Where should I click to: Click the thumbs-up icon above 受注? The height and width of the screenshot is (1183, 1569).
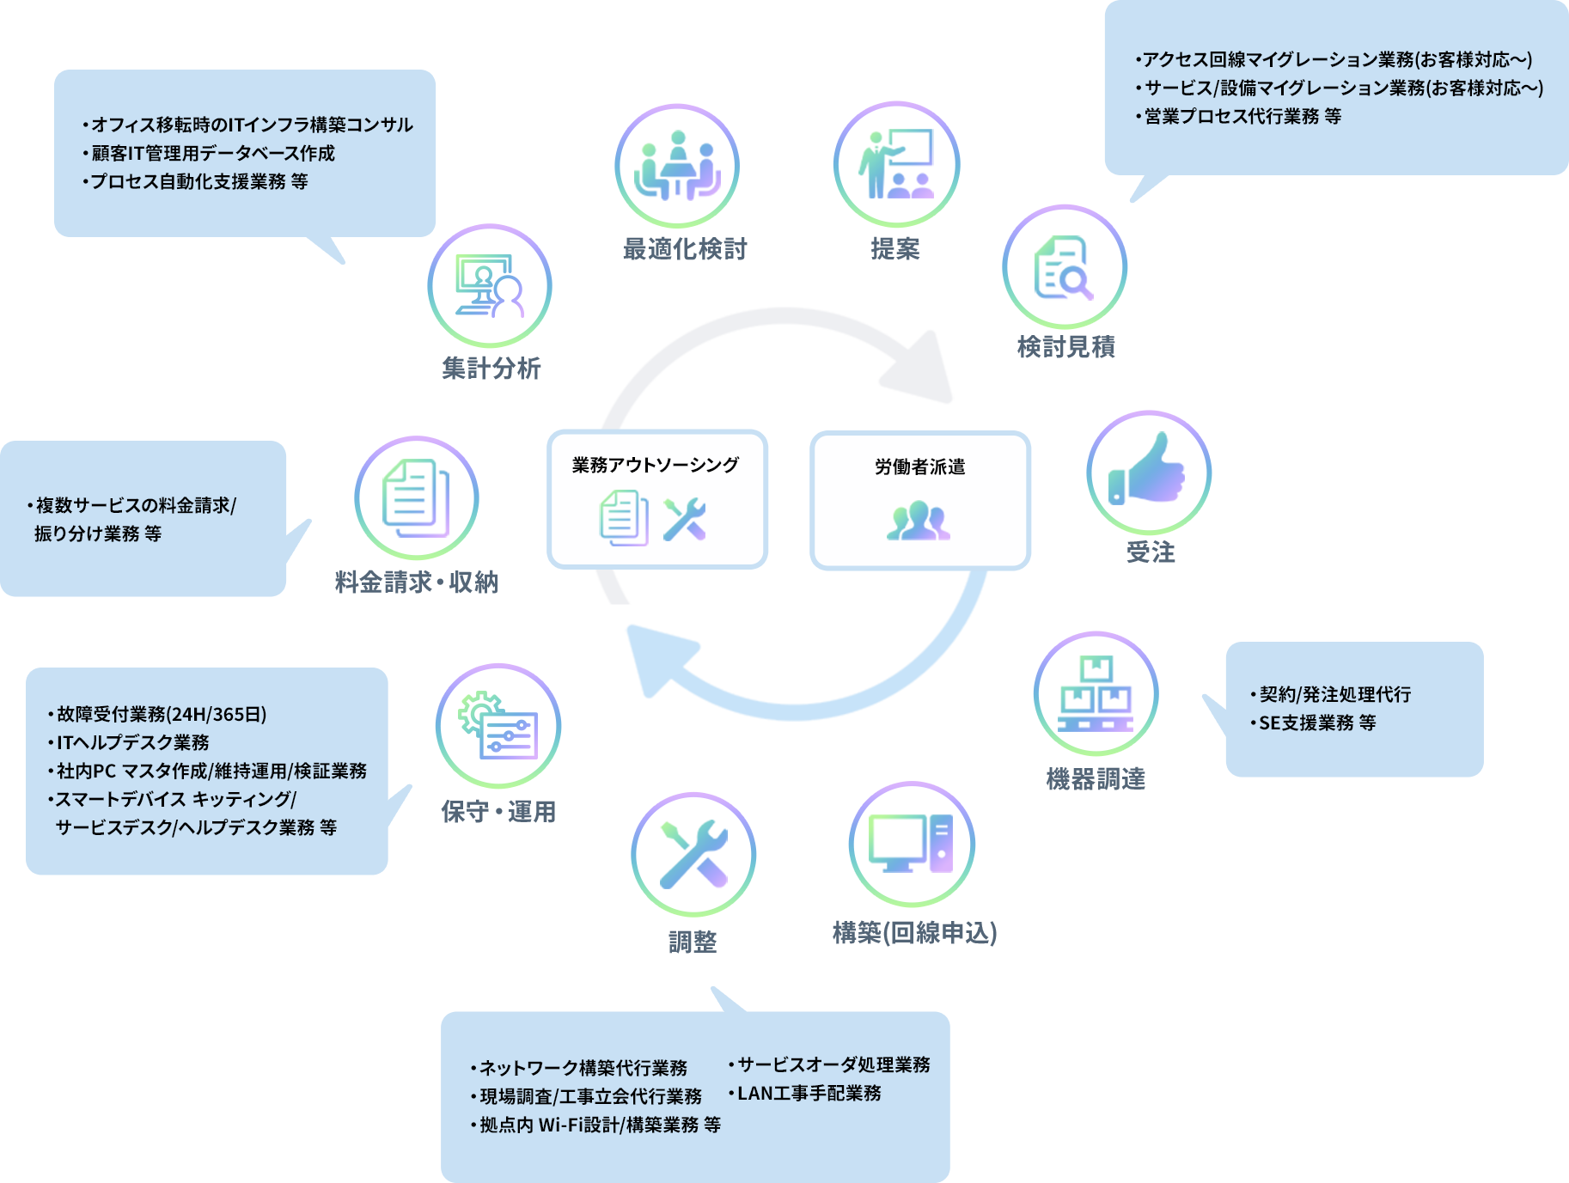[x=1149, y=472]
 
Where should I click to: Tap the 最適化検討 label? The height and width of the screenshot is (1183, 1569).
[x=685, y=249]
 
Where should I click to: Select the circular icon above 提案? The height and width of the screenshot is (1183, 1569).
[x=896, y=164]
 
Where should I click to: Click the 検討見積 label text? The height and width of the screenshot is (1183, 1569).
[x=1065, y=347]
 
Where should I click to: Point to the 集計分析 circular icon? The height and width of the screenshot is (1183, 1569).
[x=489, y=286]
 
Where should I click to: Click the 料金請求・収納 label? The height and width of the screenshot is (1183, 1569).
[x=416, y=582]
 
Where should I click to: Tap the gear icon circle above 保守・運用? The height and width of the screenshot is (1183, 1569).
[x=498, y=726]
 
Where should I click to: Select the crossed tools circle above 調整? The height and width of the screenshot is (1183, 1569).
[x=693, y=854]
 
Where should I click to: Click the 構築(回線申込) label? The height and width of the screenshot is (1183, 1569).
[x=914, y=933]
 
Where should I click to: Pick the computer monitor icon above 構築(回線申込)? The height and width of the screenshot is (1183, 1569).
[x=912, y=844]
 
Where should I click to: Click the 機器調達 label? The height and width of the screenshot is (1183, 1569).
[x=1096, y=779]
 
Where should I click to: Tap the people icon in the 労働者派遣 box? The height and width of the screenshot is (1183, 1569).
[x=919, y=521]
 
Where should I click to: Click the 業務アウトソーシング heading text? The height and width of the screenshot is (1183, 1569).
[x=656, y=465]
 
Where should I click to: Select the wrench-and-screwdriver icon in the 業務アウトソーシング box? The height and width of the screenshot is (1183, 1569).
[x=685, y=519]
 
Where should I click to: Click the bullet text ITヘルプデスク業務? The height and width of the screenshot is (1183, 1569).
[x=132, y=742]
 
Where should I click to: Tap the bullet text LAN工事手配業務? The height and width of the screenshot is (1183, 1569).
[x=809, y=1093]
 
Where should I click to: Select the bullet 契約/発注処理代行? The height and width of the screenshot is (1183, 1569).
[x=1334, y=694]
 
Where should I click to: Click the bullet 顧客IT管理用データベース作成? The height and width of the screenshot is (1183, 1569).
[x=212, y=153]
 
